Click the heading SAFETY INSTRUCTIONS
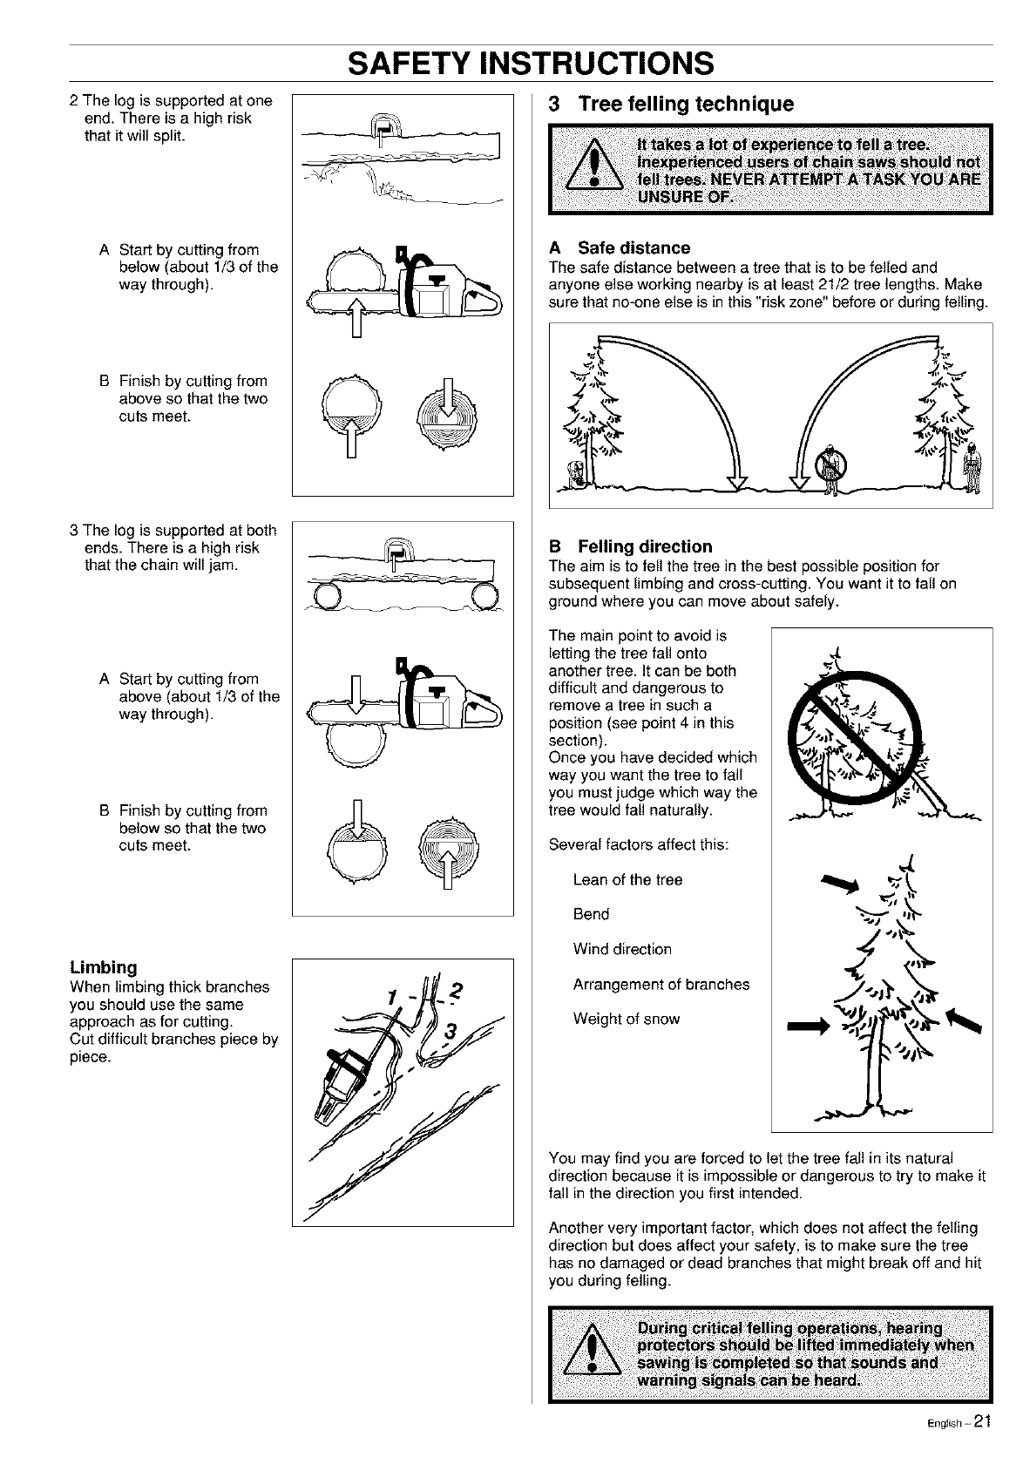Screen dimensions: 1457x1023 [530, 63]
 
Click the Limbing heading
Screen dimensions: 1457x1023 [103, 967]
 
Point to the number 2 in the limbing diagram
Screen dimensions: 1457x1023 [459, 993]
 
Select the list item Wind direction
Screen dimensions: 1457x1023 [622, 949]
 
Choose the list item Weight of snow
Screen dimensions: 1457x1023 [626, 1019]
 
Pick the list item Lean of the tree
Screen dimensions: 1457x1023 [627, 879]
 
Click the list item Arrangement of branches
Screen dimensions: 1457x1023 [661, 984]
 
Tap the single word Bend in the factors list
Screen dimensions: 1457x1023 [591, 914]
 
